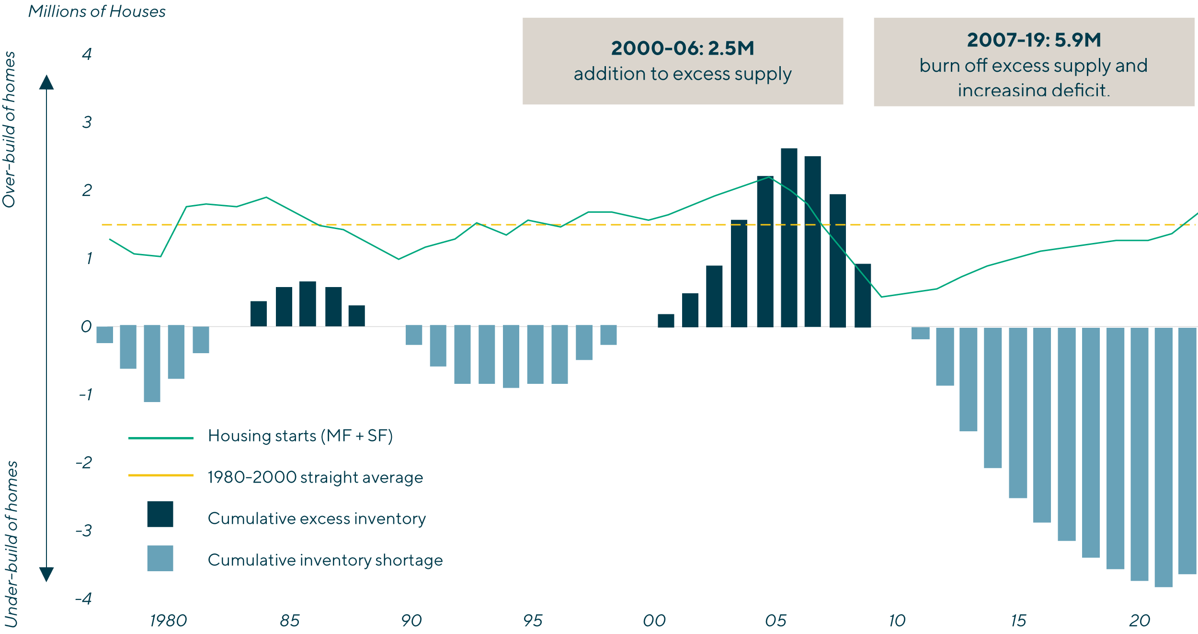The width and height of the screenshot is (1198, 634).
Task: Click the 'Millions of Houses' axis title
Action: click(97, 12)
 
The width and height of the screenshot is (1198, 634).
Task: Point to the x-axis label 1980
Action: click(168, 621)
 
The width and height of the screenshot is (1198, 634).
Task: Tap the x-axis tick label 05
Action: click(776, 621)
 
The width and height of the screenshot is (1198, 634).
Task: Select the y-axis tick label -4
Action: click(84, 599)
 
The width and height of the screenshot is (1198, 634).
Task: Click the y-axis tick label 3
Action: click(87, 122)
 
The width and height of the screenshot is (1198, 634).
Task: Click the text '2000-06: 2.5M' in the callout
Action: click(683, 48)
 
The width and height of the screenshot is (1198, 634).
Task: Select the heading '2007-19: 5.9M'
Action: click(1034, 40)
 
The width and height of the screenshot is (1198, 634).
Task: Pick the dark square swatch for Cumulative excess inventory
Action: click(160, 514)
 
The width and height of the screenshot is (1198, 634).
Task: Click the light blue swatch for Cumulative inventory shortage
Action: click(160, 558)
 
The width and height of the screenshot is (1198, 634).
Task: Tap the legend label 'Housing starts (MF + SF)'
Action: click(300, 436)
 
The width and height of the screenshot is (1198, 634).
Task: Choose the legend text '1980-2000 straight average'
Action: click(315, 477)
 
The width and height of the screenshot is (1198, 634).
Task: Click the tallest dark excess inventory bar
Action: click(789, 237)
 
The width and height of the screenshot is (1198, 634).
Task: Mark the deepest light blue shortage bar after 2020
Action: click(1163, 457)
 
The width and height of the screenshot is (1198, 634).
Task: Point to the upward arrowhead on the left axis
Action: click(46, 82)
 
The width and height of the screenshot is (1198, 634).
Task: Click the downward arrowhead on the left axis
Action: click(46, 574)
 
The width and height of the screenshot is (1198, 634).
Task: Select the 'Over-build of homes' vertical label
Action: click(10, 129)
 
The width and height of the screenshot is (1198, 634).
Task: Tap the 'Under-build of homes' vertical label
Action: click(11, 544)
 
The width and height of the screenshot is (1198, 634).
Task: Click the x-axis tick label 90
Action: click(411, 621)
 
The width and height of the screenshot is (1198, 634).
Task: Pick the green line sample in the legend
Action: click(161, 438)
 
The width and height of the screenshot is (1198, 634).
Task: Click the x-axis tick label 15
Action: click(1018, 621)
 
